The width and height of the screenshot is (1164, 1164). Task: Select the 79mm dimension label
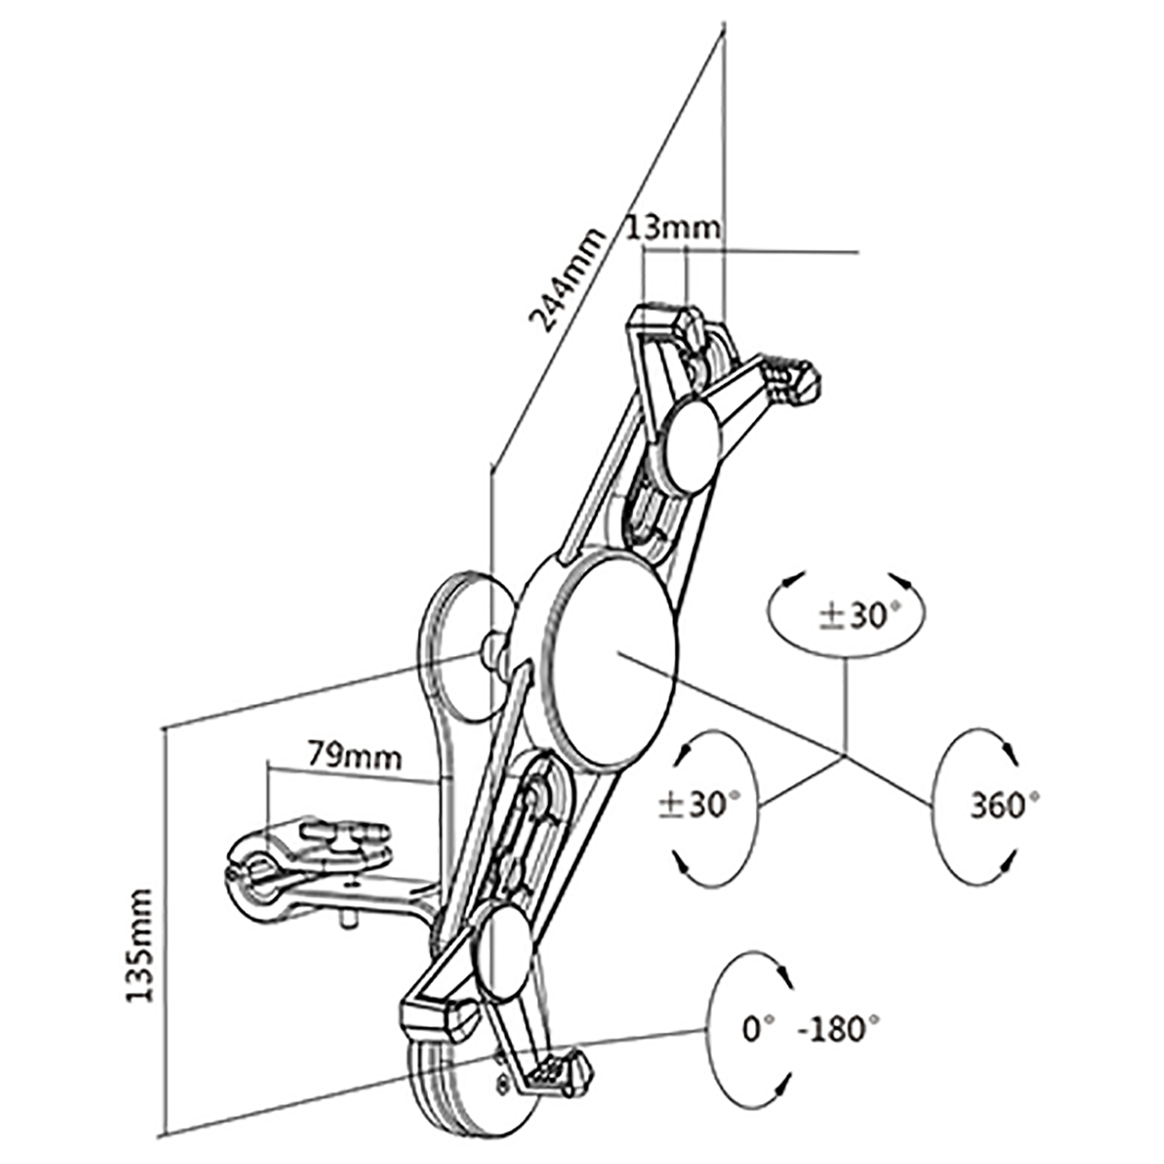coord(354,756)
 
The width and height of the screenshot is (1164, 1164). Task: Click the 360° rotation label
coord(1004,804)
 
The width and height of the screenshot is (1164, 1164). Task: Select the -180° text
coord(838,1029)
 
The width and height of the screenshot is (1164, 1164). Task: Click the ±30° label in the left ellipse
coord(698,804)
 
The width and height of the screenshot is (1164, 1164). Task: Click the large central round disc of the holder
coord(614,658)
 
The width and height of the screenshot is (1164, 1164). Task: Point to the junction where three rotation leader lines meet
coord(845,757)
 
